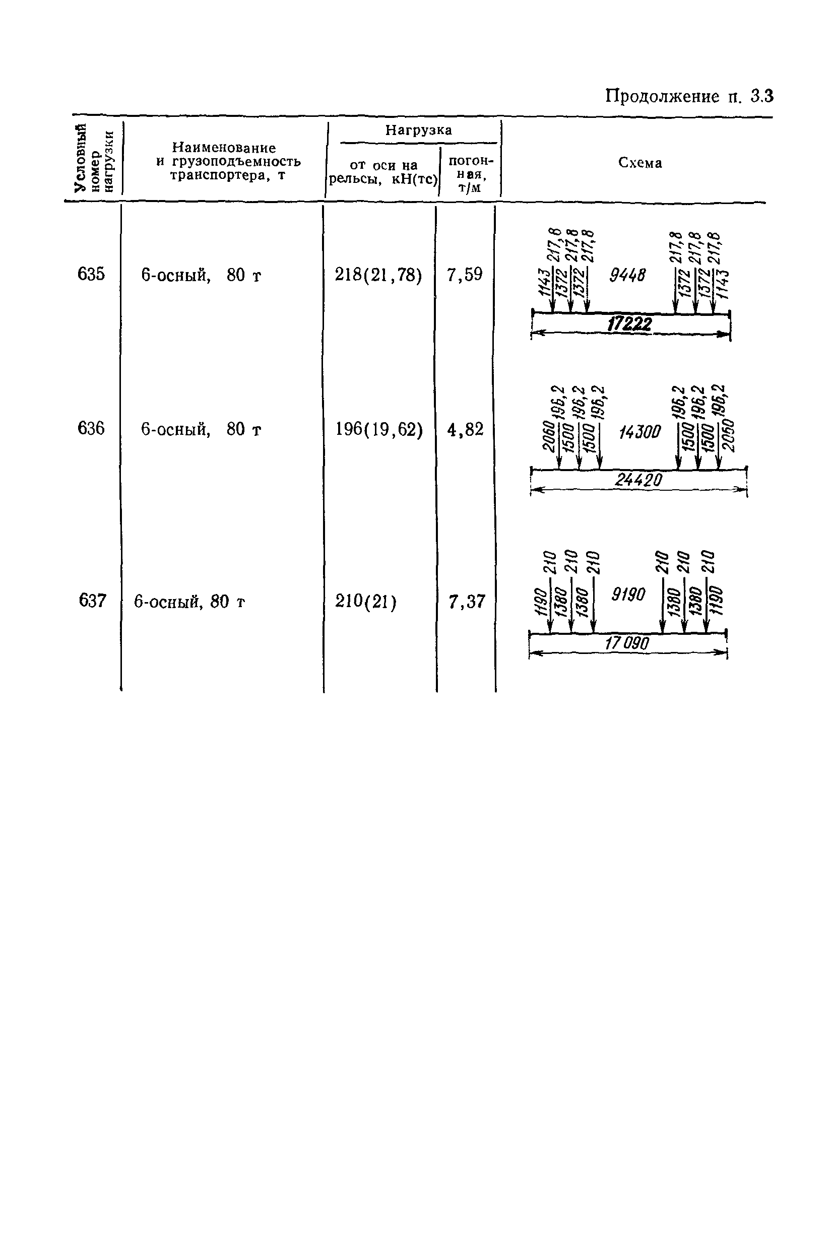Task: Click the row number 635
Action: coord(91,275)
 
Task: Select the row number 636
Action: coord(91,429)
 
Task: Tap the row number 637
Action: coord(92,601)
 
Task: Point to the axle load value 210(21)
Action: coord(365,602)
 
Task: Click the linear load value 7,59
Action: coord(465,275)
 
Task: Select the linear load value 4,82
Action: coord(465,429)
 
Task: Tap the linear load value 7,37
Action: coord(467,602)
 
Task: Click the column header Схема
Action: coord(639,163)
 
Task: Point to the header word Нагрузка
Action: coord(419,130)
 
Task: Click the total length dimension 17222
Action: coord(629,324)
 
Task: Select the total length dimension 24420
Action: coord(638,480)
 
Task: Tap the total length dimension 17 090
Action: coord(627,643)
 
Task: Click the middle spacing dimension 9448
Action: coord(627,275)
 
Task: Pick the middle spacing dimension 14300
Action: coord(639,432)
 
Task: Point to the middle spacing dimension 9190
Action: coord(628,594)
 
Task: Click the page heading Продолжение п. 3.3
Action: coord(689,97)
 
